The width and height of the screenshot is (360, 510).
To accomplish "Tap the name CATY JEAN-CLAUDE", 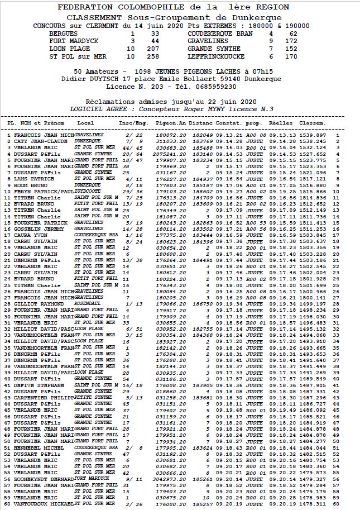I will click(x=40, y=142).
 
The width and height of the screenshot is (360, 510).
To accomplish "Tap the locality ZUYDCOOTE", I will click(x=90, y=192).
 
